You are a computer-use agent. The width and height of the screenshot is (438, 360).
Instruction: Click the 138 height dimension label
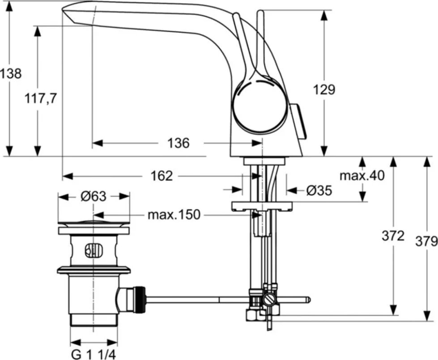pos(11,74)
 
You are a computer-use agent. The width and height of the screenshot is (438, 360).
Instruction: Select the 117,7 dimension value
pos(41,98)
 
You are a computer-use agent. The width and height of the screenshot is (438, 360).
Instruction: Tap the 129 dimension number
pos(324,90)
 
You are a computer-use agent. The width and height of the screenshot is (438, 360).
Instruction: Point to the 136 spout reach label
pos(179,143)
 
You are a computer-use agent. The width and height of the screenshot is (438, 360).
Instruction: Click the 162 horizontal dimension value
pos(162,176)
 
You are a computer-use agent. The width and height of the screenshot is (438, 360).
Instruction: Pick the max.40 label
pos(362,176)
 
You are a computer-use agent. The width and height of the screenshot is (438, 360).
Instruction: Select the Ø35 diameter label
pos(319,191)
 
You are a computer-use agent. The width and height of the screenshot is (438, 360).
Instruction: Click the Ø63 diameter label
pos(94,196)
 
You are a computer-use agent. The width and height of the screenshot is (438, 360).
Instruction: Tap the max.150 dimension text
pos(174,215)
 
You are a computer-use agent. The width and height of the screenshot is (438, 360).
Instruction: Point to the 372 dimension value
pos(393,236)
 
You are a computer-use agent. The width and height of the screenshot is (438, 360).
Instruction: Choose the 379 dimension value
pos(426,241)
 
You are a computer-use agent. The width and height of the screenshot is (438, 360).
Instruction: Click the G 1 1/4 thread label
pos(94,355)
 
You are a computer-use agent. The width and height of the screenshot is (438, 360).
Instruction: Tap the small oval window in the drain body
pos(94,250)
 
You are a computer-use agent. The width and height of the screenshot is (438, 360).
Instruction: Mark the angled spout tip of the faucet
pos(68,13)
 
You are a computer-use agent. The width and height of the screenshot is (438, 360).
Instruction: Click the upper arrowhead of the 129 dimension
pos(324,15)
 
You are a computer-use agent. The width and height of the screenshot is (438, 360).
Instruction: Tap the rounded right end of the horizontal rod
pos(308,300)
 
